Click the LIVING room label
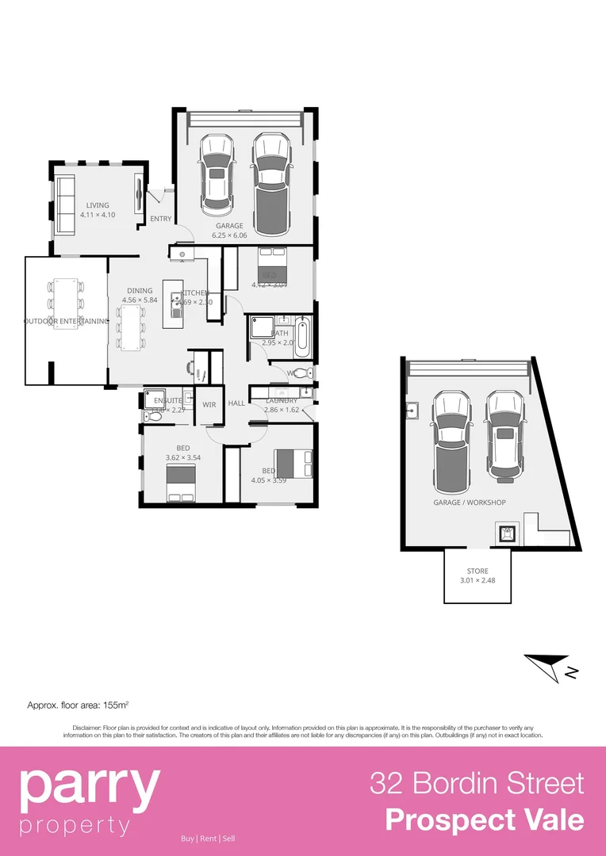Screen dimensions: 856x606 tap(98, 205)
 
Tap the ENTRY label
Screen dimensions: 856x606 tap(160, 219)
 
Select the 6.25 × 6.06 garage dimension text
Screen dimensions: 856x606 tap(230, 235)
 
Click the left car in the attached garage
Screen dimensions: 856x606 tap(216, 174)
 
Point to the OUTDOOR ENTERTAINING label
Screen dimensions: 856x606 tap(66, 321)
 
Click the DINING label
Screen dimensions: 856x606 tap(140, 291)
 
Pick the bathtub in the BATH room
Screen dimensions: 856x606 tap(302, 337)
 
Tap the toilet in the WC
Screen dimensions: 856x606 tap(308, 373)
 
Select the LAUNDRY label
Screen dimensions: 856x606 tap(281, 401)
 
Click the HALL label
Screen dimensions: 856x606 tap(236, 403)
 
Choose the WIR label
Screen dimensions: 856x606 tap(209, 404)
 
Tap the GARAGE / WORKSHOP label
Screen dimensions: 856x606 tap(469, 503)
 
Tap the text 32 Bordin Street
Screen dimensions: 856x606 tap(477, 784)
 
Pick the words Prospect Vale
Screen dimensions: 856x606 tap(485, 820)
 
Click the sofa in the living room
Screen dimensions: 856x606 tap(64, 205)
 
